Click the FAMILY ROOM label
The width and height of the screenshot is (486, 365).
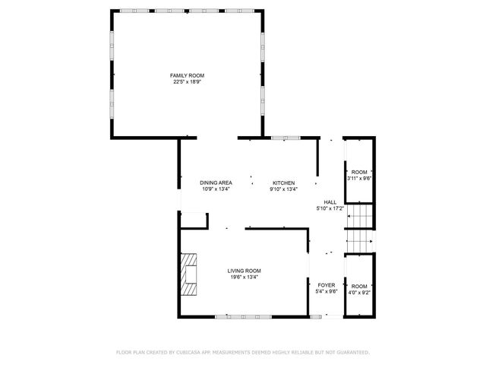pyautogui.click(x=187, y=75)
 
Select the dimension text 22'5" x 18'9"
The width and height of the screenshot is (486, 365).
pyautogui.click(x=187, y=81)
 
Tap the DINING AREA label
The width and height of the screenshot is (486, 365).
pyautogui.click(x=216, y=183)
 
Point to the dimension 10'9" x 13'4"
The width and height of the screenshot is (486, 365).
pyautogui.click(x=216, y=189)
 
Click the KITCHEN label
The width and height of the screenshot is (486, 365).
pyautogui.click(x=284, y=183)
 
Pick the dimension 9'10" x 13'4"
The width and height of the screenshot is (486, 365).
pyautogui.click(x=284, y=189)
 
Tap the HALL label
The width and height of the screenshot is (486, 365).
pyautogui.click(x=330, y=202)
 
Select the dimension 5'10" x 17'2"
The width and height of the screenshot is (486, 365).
pyautogui.click(x=330, y=208)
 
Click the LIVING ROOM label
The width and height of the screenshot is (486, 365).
pyautogui.click(x=245, y=271)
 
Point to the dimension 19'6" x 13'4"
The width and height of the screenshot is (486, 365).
pyautogui.click(x=245, y=277)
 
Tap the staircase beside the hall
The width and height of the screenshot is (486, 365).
pyautogui.click(x=360, y=229)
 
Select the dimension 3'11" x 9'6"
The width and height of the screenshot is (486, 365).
pyautogui.click(x=358, y=179)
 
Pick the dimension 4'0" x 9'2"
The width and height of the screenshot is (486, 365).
pyautogui.click(x=359, y=291)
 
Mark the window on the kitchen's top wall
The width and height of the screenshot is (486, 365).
pyautogui.click(x=286, y=138)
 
